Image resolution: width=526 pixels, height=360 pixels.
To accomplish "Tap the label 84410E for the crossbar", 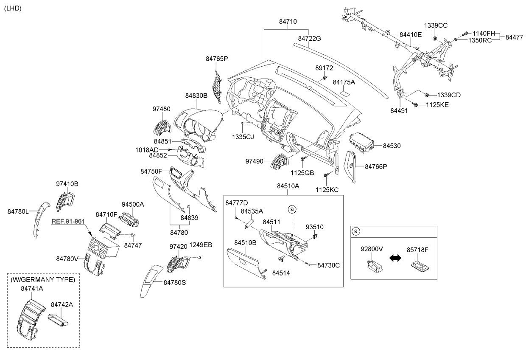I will [x=410, y=34].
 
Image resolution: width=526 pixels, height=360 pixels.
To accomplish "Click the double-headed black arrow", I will [x=394, y=258].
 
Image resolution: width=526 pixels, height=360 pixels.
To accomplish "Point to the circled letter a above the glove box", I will [x=292, y=209].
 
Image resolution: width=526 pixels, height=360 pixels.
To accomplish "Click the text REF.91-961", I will [x=69, y=221].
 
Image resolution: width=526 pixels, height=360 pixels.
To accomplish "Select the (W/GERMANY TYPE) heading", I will [x=43, y=279].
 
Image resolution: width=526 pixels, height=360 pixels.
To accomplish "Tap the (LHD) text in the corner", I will [x=13, y=8].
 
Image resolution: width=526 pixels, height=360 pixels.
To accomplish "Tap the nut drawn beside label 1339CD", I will [x=427, y=94].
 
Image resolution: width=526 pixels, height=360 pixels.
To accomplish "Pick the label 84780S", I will [x=175, y=281].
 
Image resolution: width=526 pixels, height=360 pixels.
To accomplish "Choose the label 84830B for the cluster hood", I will [x=196, y=96].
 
